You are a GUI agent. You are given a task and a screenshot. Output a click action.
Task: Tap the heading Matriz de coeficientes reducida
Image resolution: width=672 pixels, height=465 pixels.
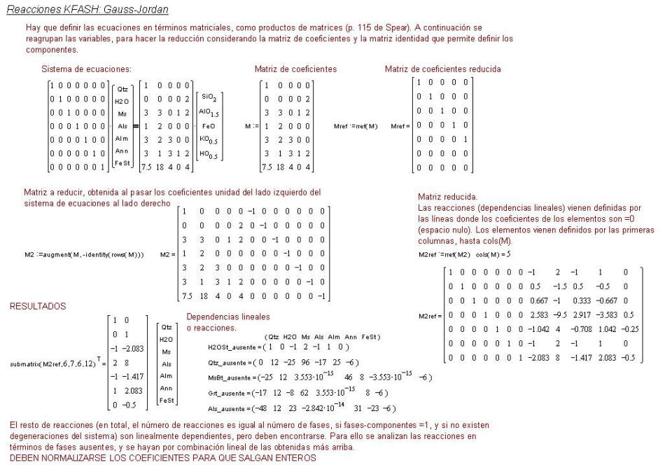pyautogui.click(x=442, y=69)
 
